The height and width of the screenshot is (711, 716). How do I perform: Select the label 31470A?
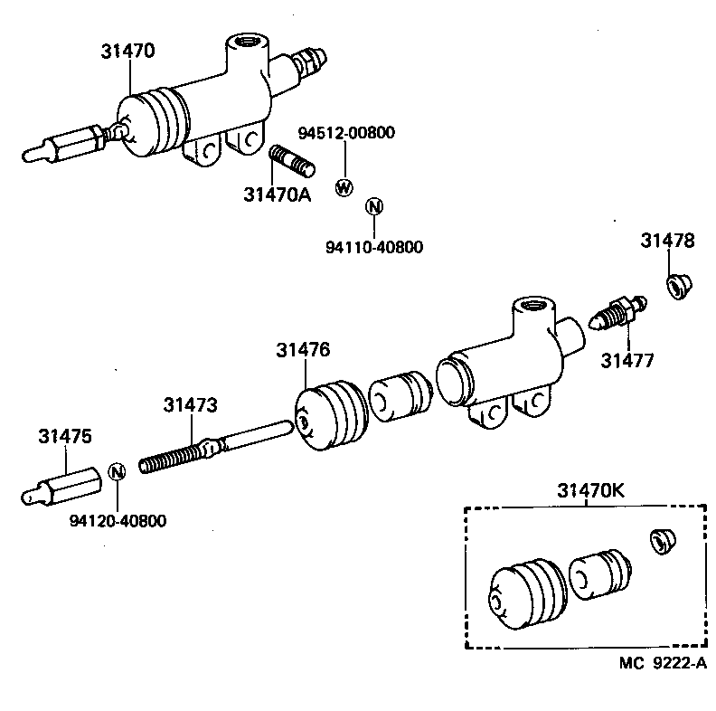pyautogui.click(x=277, y=194)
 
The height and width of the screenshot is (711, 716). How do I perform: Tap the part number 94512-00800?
pyautogui.click(x=346, y=134)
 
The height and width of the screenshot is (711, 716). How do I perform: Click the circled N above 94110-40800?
pyautogui.click(x=373, y=207)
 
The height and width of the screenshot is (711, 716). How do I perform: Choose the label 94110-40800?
pyautogui.click(x=373, y=247)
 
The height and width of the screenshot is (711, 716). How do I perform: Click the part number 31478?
pyautogui.click(x=668, y=241)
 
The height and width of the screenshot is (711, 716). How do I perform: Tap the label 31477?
pyautogui.click(x=626, y=361)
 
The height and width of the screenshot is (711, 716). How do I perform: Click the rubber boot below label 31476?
pyautogui.click(x=329, y=416)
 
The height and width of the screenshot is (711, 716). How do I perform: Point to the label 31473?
pyautogui.click(x=190, y=406)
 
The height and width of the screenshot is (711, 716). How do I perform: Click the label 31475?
pyautogui.click(x=64, y=436)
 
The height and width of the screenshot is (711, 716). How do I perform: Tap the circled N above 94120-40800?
pyautogui.click(x=116, y=471)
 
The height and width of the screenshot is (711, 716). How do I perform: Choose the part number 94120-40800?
pyautogui.click(x=118, y=521)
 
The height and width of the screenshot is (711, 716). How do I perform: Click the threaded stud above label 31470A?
pyautogui.click(x=292, y=163)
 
